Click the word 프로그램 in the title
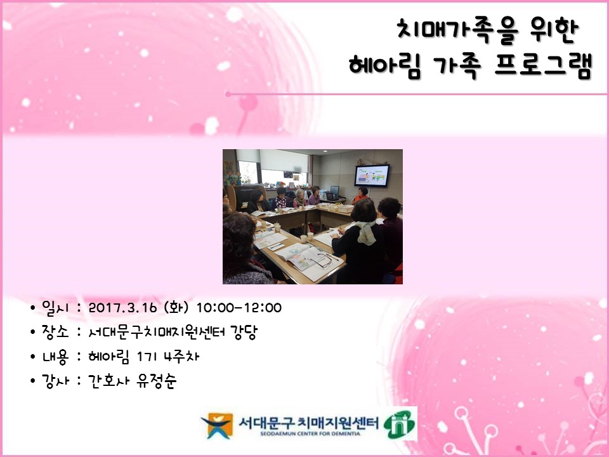[543, 65]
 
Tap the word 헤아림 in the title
[384, 65]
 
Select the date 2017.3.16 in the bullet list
[122, 308]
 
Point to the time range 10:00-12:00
[239, 308]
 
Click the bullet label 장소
[55, 332]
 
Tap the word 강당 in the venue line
[244, 332]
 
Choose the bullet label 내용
[55, 356]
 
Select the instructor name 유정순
[157, 381]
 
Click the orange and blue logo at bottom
[216, 425]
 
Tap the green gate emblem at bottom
[398, 425]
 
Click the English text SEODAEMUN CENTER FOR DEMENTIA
[310, 434]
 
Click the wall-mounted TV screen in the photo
[372, 175]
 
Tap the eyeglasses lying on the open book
[320, 260]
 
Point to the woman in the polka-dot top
[281, 198]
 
